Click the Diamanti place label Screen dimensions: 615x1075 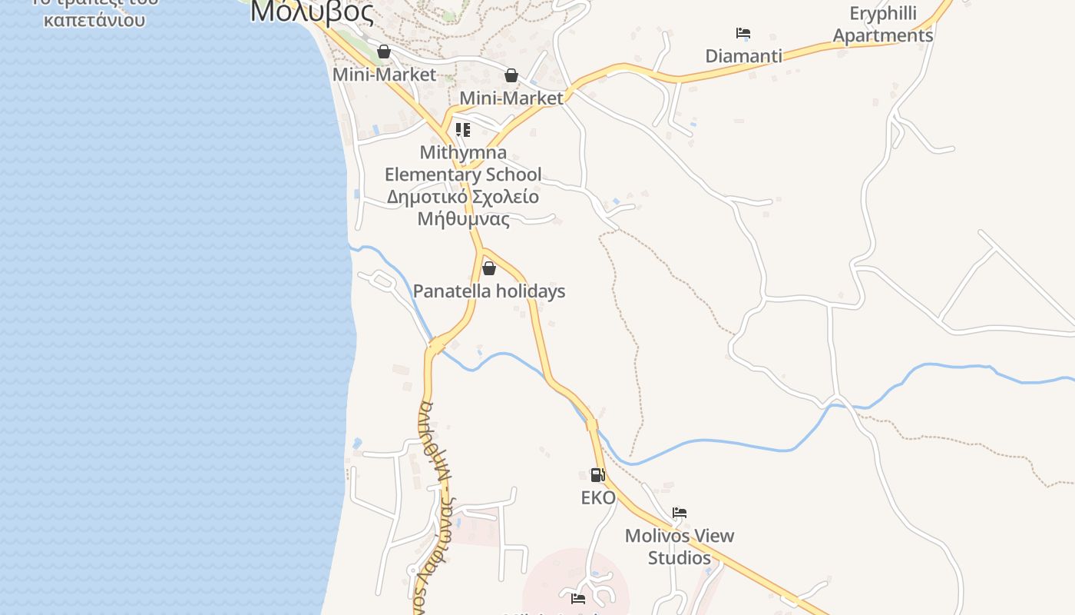743,56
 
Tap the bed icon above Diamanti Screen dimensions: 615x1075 743,33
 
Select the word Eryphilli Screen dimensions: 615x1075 883,14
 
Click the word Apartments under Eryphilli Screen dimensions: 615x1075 883,35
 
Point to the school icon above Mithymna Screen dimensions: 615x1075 462,129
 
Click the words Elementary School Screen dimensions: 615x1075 462,175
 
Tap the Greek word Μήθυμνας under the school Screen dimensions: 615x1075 463,219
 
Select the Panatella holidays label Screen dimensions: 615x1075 489,291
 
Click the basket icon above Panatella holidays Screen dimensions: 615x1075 489,268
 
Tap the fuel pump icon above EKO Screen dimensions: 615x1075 597,474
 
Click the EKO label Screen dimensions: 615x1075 598,498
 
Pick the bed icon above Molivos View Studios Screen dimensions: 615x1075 679,512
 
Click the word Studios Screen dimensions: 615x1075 680,557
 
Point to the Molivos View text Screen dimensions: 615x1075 680,536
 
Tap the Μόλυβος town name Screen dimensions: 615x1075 312,12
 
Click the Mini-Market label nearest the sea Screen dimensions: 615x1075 384,75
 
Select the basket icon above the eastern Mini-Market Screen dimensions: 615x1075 511,75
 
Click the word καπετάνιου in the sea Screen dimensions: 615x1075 94,19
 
